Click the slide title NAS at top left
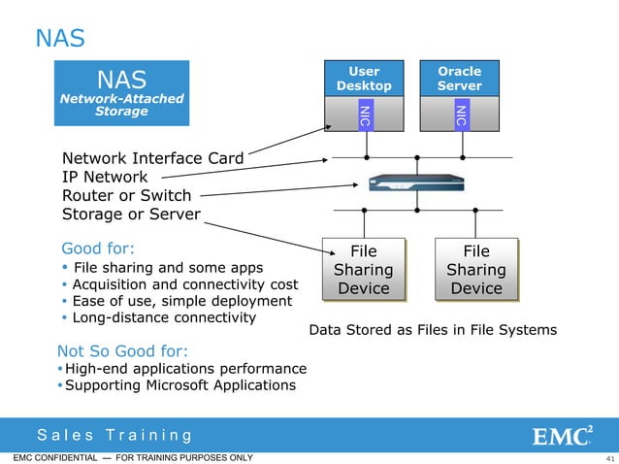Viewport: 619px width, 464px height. click(60, 38)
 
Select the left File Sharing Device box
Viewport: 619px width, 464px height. click(363, 269)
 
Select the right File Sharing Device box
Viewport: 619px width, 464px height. click(476, 269)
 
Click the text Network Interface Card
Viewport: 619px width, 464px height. click(152, 158)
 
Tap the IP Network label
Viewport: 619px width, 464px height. click(105, 177)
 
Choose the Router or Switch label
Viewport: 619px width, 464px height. click(126, 195)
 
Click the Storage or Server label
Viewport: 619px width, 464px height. click(131, 214)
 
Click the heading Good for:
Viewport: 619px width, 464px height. click(98, 247)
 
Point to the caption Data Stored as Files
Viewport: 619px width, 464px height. click(432, 330)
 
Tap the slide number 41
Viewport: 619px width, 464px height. click(609, 458)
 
